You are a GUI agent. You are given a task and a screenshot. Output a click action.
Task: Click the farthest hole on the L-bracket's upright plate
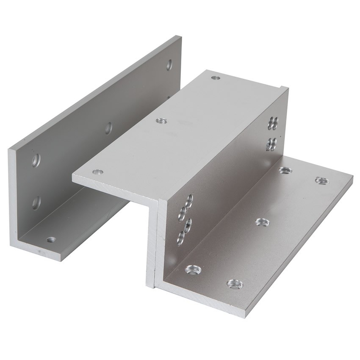(x=169, y=65)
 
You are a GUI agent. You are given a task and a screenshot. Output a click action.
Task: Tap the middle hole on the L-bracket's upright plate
(x=108, y=127)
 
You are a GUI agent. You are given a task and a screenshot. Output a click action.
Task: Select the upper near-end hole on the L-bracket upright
(x=36, y=160)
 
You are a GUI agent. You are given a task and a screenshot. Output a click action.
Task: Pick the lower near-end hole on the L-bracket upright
(x=36, y=202)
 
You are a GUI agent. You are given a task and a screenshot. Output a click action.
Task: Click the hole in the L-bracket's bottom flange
(x=51, y=240)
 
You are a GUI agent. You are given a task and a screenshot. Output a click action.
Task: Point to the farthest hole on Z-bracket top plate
(x=216, y=78)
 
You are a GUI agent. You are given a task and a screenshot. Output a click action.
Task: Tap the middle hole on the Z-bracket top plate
(x=161, y=121)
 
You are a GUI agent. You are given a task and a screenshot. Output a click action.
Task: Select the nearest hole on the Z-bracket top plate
(x=98, y=172)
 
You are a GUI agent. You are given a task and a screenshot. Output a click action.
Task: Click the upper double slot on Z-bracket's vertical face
(x=273, y=123)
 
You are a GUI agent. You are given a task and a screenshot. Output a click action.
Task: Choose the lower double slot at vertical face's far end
(x=271, y=144)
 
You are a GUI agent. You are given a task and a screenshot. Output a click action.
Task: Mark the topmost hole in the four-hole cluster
(x=189, y=201)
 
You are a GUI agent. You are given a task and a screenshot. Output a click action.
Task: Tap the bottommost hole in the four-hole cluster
(x=181, y=238)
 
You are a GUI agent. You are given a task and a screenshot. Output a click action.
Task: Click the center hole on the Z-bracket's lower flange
(x=263, y=222)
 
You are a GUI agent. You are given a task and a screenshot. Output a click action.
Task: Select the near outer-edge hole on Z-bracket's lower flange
(x=235, y=284)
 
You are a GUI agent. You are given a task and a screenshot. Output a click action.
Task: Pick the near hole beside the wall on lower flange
(x=193, y=269)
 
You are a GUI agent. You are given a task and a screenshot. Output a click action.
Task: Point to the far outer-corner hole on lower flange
(x=321, y=181)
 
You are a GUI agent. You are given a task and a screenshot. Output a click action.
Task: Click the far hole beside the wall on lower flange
(x=285, y=170)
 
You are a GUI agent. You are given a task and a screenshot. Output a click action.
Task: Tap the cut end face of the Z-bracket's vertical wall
(x=152, y=246)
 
